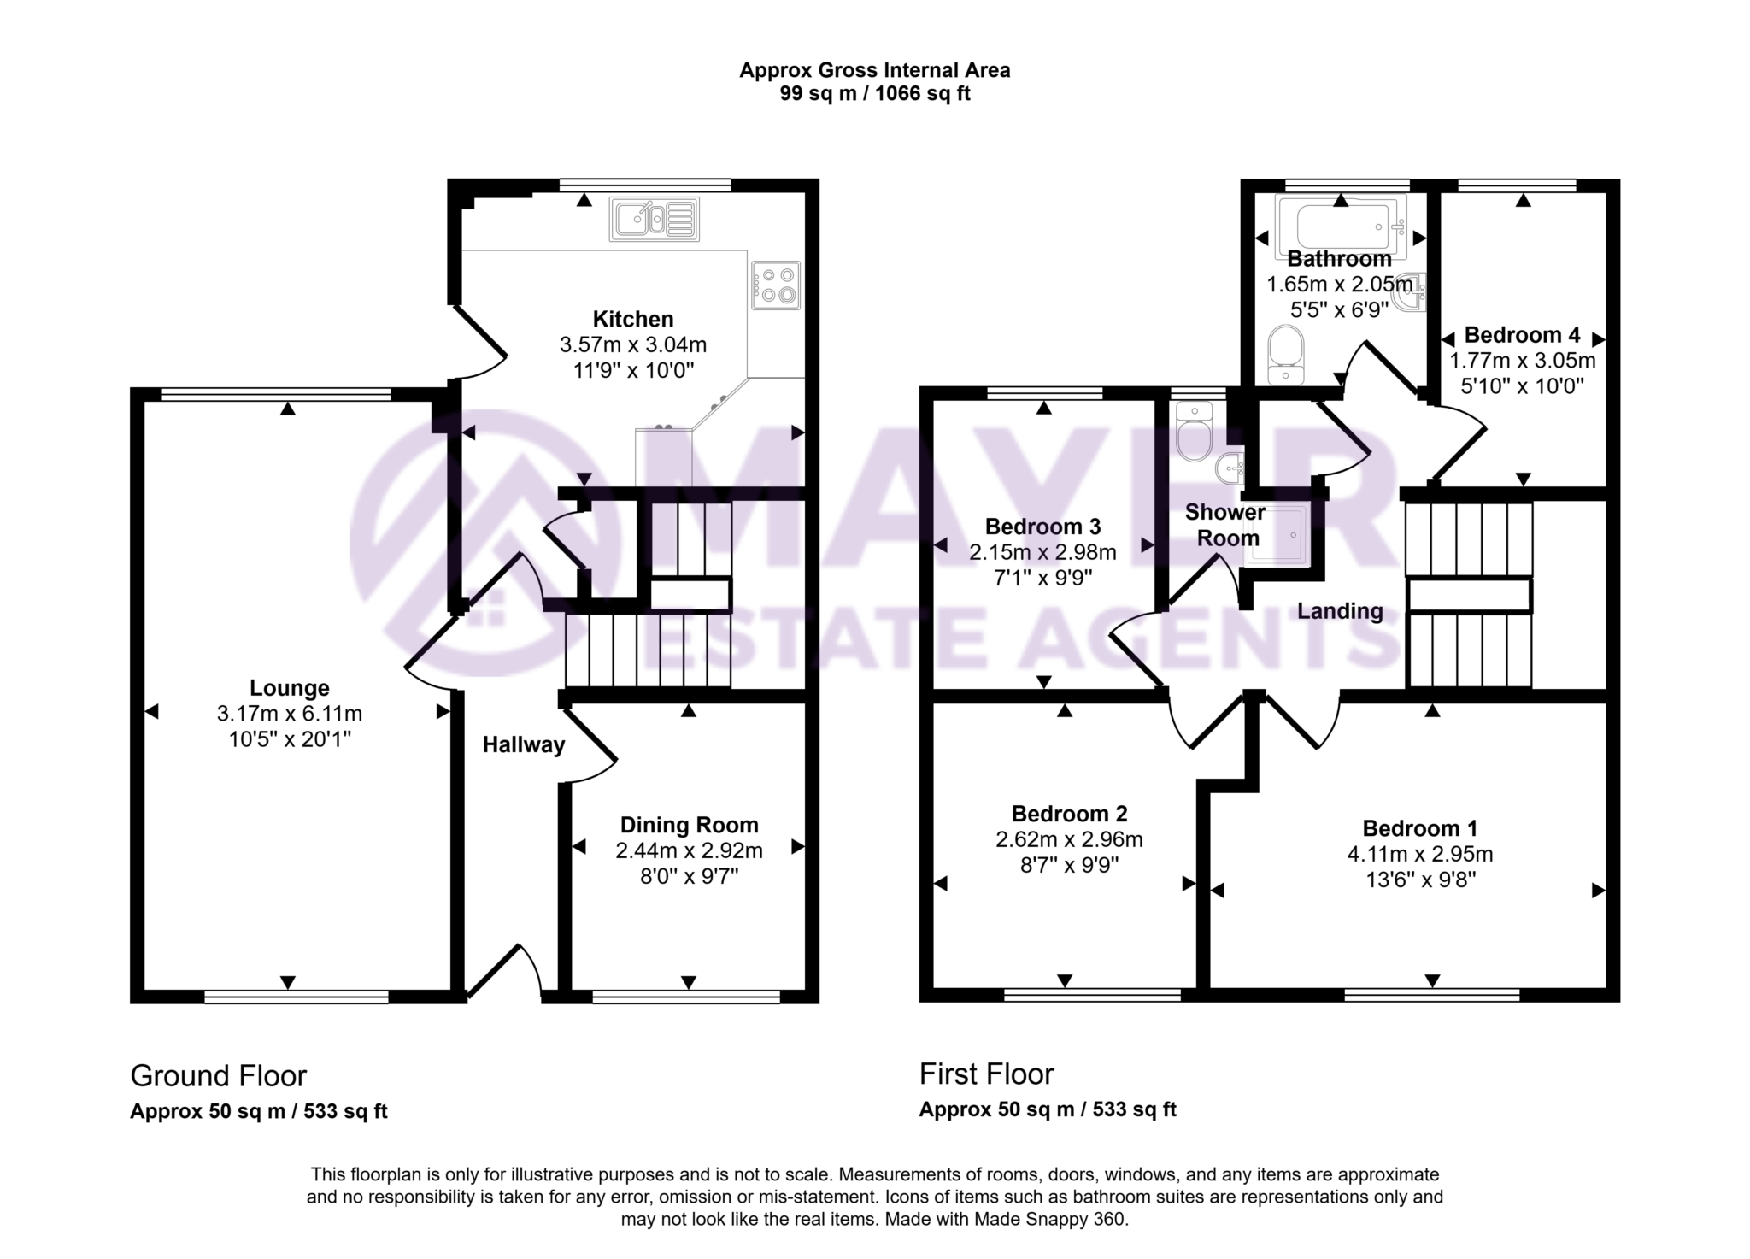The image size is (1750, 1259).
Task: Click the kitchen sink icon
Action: click(655, 219)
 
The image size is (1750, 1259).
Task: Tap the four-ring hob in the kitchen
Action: click(777, 285)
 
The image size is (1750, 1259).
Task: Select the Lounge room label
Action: click(289, 688)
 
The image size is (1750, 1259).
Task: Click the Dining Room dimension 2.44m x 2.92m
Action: click(689, 850)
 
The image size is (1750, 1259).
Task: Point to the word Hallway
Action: click(523, 745)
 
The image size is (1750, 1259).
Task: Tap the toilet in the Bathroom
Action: click(1286, 355)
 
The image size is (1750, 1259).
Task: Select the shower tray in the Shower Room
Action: click(1277, 535)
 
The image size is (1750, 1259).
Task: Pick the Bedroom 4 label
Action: click(1522, 335)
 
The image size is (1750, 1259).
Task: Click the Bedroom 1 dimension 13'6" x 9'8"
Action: click(1420, 880)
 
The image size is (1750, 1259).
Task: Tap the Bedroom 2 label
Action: click(1069, 814)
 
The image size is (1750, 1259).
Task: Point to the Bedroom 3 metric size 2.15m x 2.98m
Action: click(1042, 552)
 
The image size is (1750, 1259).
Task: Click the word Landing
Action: click(1339, 611)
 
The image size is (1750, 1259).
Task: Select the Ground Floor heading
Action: click(218, 1075)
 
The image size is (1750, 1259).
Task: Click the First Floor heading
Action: click(986, 1074)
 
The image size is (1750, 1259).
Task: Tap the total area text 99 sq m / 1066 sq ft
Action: click(874, 94)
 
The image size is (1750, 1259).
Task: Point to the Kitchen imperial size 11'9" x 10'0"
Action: click(632, 370)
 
